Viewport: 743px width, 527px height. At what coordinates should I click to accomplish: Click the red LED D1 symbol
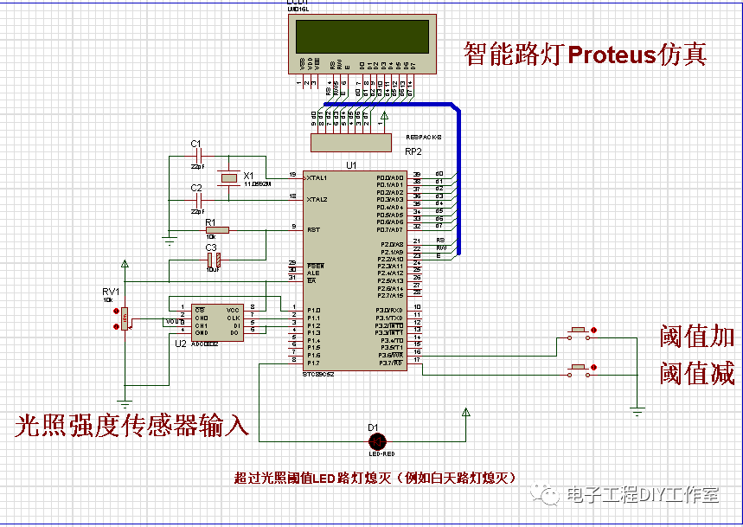click(374, 440)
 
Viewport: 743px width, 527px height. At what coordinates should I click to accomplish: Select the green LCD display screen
click(362, 37)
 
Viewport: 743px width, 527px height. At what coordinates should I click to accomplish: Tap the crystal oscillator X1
click(227, 178)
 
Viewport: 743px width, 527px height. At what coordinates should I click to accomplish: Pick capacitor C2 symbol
click(197, 200)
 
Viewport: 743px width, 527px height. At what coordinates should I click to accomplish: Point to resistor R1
click(217, 230)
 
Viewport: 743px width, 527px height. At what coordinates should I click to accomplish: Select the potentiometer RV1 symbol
click(125, 318)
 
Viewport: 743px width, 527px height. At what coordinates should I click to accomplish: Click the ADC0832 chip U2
click(216, 320)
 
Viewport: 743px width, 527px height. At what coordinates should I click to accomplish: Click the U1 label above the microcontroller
click(351, 164)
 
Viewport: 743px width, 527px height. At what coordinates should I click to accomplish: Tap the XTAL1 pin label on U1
click(317, 177)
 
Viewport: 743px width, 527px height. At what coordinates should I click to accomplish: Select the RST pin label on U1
click(313, 229)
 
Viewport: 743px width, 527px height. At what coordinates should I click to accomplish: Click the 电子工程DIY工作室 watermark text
click(642, 494)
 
